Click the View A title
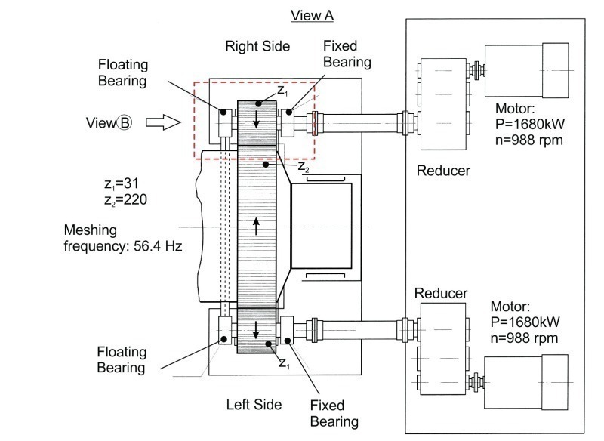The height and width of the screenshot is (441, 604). (x=312, y=16)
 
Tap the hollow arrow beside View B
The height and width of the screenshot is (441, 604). (x=163, y=122)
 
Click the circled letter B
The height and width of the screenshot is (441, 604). (x=124, y=123)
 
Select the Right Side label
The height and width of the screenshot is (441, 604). (x=257, y=46)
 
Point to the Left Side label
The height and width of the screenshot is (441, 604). (x=254, y=405)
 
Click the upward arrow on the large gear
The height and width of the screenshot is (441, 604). (x=256, y=226)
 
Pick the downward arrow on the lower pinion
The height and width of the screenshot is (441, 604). (x=256, y=330)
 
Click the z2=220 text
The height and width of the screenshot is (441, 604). (x=125, y=200)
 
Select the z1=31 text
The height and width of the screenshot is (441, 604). (x=121, y=183)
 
